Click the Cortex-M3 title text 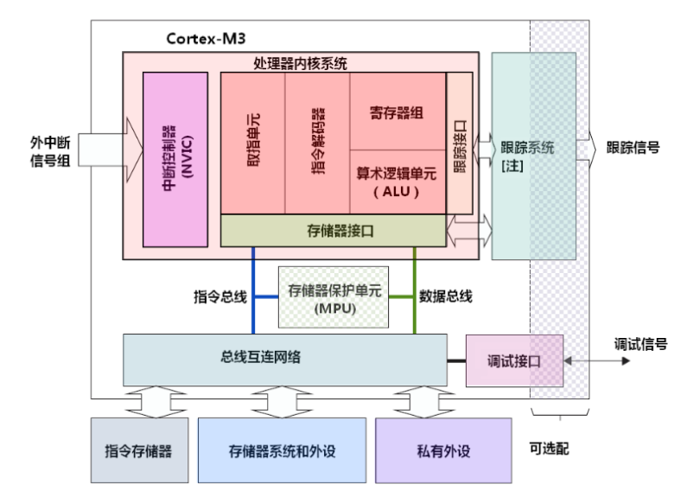coord(207,39)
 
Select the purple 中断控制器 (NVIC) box coord(175,159)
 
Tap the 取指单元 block coord(252,143)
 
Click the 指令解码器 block coord(317,143)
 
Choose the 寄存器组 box coord(397,112)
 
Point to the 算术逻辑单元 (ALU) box coord(397,181)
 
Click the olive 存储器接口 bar coord(334,230)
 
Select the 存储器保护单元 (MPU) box coord(333,297)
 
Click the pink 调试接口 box coord(514,360)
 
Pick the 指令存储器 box coord(139,450)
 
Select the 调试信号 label coord(639,343)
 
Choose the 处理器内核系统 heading coord(301,62)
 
